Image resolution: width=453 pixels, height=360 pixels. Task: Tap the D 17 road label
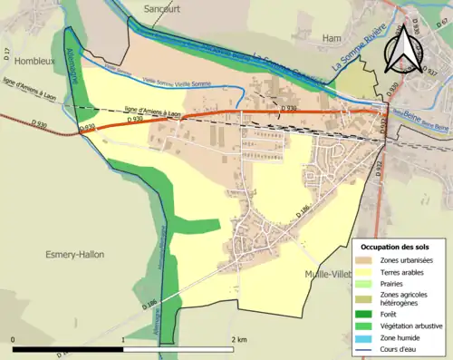tap(6, 54)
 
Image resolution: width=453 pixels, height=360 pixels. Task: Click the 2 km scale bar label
tap(238, 338)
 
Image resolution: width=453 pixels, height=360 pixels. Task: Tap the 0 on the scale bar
tap(14, 338)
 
